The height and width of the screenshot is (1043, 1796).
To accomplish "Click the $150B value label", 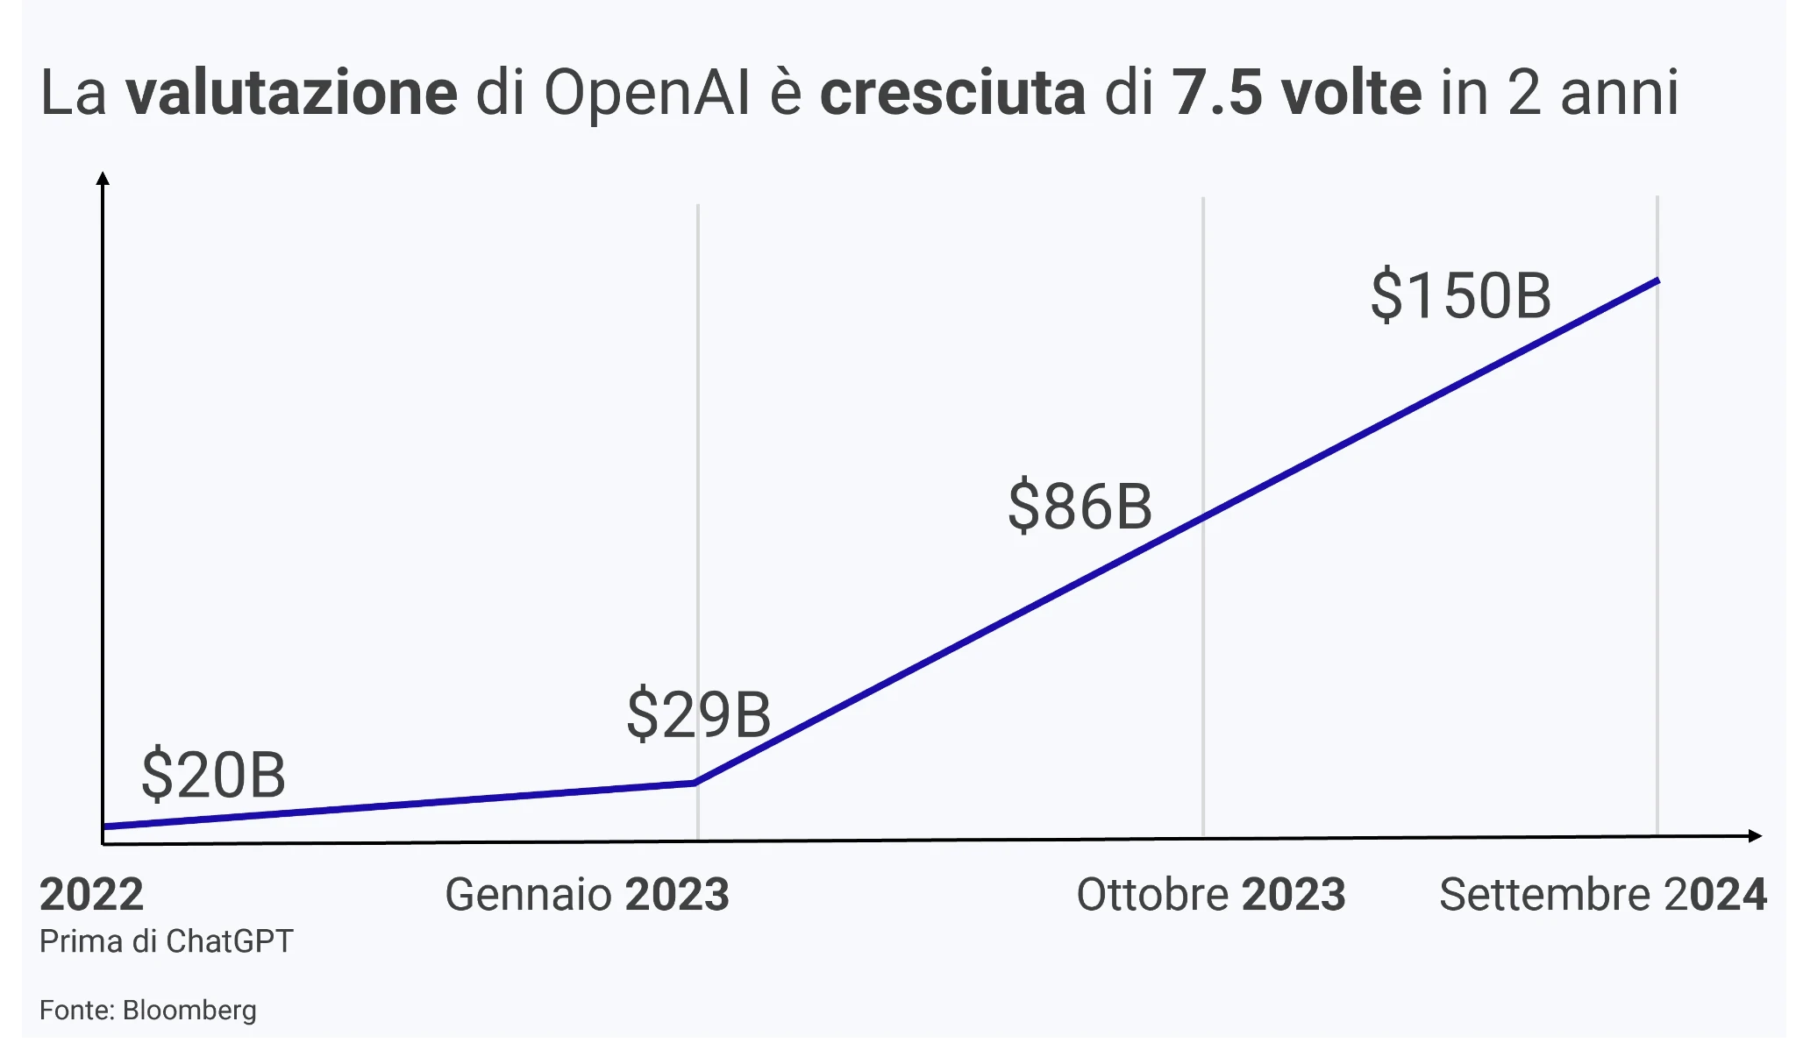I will coord(1460,295).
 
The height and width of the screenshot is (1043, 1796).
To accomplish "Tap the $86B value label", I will coord(1080,506).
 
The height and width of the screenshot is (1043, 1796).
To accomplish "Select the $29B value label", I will coord(698,714).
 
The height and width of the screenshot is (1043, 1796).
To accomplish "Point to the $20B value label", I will coord(213,775).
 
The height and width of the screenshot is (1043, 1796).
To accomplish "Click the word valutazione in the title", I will coord(291,93).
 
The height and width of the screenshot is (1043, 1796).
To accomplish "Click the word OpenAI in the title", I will coord(647,93).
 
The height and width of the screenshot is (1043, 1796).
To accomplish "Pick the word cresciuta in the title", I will coord(952,93).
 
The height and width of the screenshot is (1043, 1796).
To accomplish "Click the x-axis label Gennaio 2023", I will coord(587,895).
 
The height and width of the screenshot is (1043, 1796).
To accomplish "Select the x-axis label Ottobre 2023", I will coord(1210,895).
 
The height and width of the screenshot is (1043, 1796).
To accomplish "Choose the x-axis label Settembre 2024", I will coord(1602,895).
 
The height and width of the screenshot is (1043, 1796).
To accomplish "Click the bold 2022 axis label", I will coord(91,895).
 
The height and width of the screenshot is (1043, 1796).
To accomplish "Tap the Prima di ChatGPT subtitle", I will coord(166,941).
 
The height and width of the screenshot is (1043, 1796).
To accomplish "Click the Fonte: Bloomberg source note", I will coord(147,1011).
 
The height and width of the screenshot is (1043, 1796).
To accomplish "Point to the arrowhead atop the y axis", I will coord(103,179).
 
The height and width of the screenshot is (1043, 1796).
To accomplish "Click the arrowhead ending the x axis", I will coord(1755,835).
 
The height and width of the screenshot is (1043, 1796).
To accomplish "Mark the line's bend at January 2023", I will coord(695,782).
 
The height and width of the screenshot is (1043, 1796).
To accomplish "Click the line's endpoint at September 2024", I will coord(1657,280).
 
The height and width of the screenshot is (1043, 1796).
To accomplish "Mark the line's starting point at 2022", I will coord(105,826).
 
